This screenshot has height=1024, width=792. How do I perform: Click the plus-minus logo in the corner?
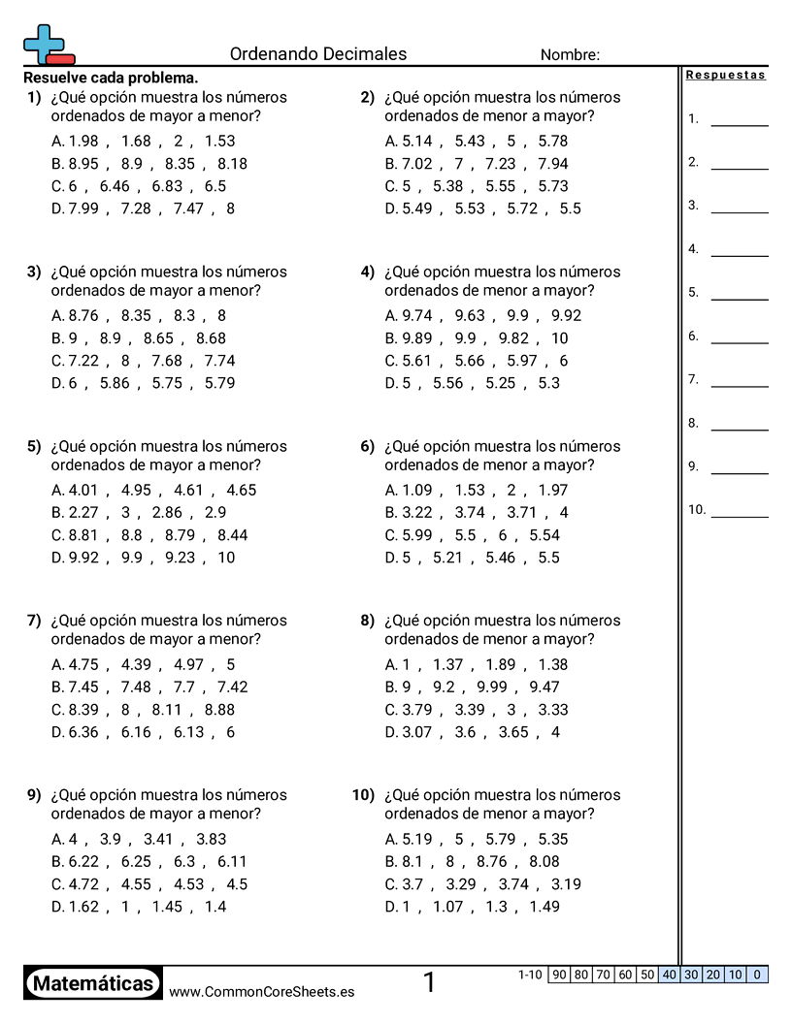[x=47, y=45]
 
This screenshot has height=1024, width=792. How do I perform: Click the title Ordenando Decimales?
[x=318, y=54]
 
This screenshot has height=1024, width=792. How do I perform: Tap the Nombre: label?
[x=570, y=55]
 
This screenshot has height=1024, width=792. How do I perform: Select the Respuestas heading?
[x=725, y=75]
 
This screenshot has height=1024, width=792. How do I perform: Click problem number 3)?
[x=34, y=272]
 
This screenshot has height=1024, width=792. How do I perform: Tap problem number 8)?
[x=367, y=621]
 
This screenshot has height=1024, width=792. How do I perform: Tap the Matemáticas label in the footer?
[x=93, y=983]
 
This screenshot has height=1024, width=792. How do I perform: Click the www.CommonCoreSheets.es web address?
[x=261, y=991]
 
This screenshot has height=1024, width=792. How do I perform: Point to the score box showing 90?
[x=558, y=975]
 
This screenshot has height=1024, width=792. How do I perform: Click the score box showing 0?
[x=757, y=975]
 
